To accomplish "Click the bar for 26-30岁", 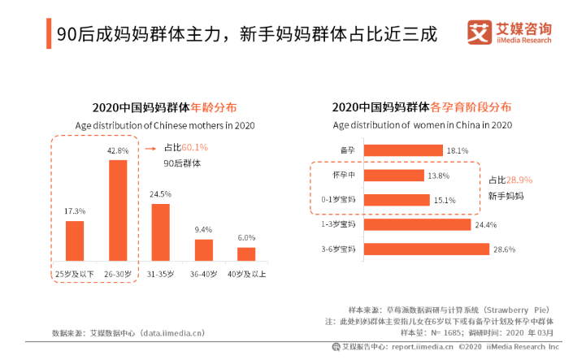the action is pos(118,210).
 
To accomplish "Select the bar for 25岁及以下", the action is pos(75,241).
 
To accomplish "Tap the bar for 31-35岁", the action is pos(161,232).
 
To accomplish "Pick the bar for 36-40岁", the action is pos(204,249).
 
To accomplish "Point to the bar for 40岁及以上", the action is pos(246,254).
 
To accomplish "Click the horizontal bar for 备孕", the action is pos(403,150).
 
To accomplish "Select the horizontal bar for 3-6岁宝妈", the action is pos(427,249).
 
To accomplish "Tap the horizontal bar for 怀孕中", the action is pos(394,176).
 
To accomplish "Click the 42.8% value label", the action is pos(118,150).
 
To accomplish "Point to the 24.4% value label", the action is pos(486,225).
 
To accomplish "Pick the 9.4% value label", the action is pos(203,229).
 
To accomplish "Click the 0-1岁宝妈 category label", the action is pos(338,200).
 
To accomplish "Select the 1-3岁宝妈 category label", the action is pos(338,224).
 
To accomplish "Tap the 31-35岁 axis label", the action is pos(160,275).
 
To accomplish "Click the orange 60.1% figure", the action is pos(195,147).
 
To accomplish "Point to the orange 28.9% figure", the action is pos(519,180).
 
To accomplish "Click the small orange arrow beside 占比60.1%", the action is pos(150,149).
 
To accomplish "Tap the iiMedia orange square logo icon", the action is pos(479,33).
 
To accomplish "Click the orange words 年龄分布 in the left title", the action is pos(214,107).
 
